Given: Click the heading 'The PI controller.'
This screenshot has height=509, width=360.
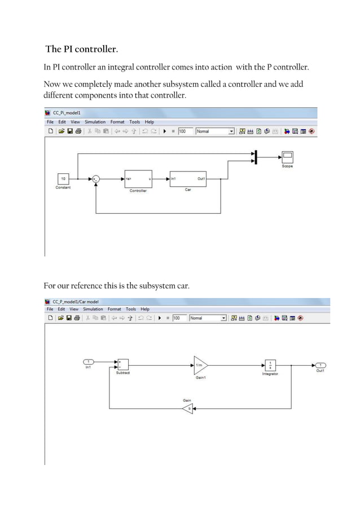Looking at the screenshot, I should coord(82,50).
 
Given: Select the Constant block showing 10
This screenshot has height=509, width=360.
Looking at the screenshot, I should coord(63,179).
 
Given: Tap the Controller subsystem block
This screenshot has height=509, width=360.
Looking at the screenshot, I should coord(138,179).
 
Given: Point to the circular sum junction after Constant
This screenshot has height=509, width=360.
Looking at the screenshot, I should coord(96,179).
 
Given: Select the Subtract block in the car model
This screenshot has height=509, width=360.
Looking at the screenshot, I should coord(122,365).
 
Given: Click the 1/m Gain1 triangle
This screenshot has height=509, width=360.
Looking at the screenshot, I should coord(200,365).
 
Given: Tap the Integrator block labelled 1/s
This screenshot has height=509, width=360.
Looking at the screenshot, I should coord(270,365).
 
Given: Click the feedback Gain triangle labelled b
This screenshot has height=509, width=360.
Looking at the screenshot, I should coord(187,407).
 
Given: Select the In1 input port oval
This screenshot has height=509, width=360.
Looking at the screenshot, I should coord(89,362).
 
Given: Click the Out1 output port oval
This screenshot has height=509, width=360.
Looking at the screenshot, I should coord(321,365).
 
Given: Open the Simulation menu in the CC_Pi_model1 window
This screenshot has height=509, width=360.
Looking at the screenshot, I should coord(95,122).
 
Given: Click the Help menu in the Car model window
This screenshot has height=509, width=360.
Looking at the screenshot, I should coord(145,309).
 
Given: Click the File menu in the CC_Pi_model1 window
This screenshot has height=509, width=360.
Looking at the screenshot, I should coord(50,122).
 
